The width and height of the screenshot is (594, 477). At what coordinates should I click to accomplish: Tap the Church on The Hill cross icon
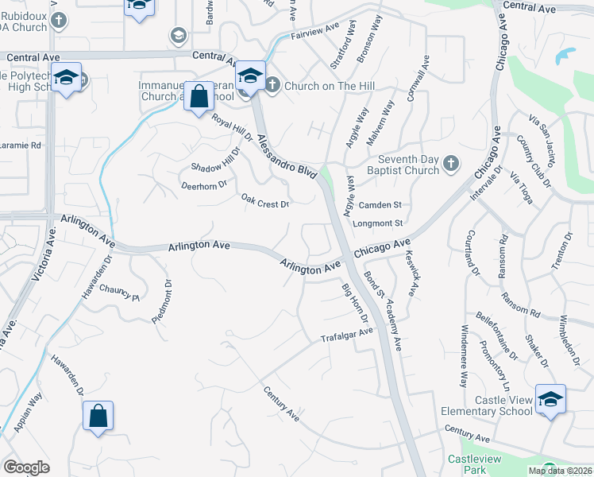272,84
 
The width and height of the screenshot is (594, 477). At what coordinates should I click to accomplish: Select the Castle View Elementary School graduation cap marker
550,398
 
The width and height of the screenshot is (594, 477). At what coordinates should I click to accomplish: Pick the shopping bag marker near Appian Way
98,415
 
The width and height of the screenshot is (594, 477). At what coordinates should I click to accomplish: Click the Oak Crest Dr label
264,203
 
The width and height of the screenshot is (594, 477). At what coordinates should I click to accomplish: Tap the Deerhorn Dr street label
204,184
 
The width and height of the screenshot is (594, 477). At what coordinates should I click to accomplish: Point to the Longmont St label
379,223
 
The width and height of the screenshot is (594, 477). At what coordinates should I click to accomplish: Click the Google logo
26,467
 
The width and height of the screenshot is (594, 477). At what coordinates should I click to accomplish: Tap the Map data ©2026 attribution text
560,471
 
